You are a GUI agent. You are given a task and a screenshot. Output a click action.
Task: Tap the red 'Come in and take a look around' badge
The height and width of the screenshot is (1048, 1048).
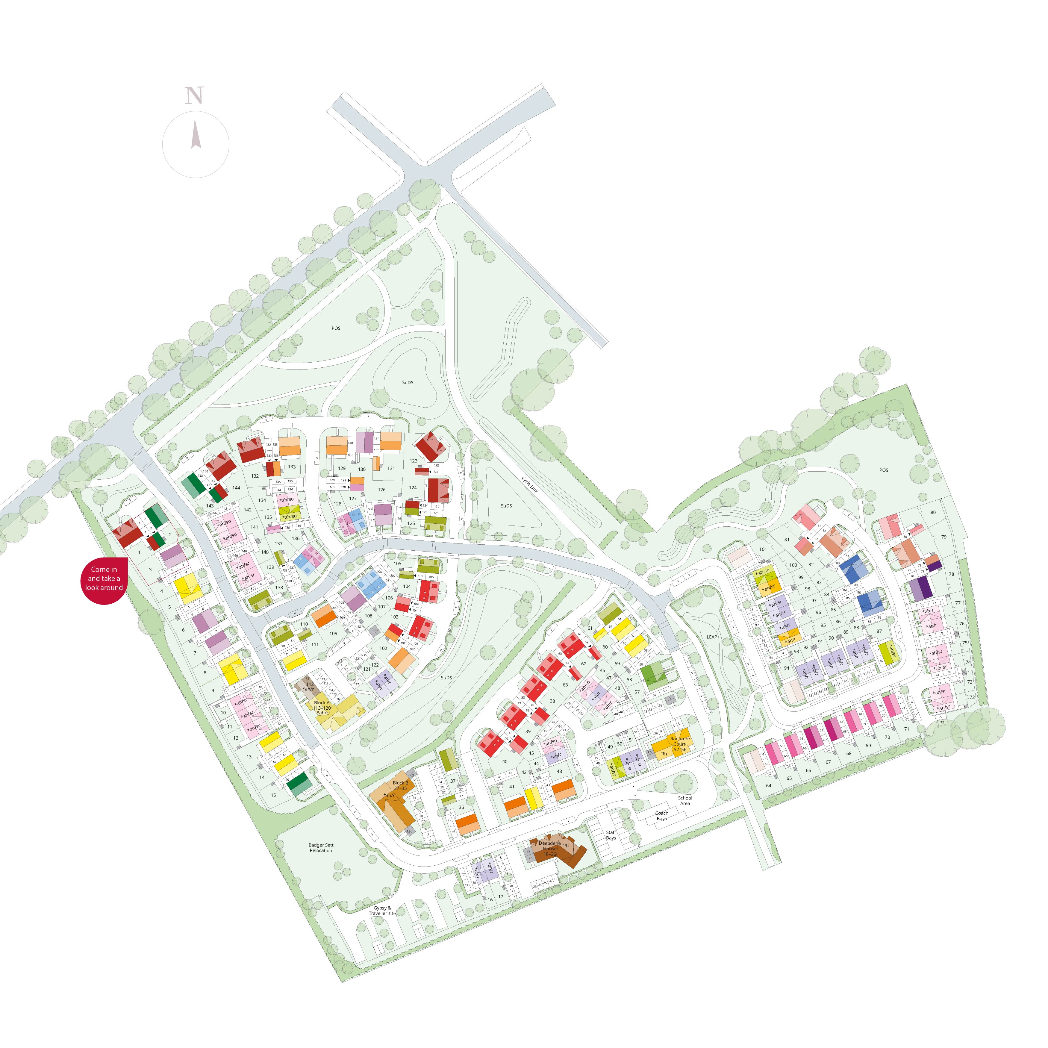[104, 578]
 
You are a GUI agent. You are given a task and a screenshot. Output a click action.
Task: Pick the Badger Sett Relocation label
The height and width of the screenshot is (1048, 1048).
[321, 847]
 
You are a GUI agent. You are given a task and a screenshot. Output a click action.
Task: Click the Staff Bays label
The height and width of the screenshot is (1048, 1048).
[611, 835]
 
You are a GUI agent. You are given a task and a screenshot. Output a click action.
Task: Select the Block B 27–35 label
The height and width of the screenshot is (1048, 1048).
[400, 785]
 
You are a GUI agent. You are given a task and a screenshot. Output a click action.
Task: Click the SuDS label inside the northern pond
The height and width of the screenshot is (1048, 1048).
[408, 382]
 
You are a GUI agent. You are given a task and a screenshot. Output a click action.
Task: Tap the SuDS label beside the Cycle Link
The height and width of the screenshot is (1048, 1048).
[506, 505]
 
